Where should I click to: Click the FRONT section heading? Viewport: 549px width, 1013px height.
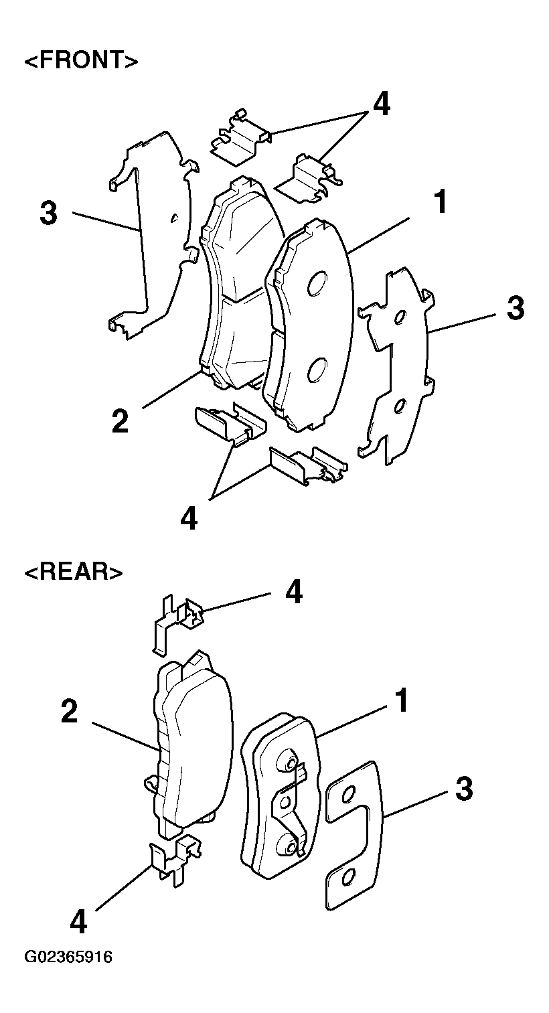(82, 60)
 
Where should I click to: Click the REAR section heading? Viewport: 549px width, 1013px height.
(73, 572)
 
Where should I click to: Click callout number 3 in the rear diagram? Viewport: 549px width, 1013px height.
(464, 789)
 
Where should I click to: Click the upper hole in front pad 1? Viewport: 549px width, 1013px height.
(317, 283)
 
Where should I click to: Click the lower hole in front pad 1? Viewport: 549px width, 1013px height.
(317, 368)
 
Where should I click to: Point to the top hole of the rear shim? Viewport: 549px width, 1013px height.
(347, 794)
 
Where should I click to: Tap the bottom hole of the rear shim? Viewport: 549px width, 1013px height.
(347, 878)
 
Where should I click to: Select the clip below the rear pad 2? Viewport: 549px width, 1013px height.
(175, 858)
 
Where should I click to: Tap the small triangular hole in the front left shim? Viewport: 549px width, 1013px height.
(174, 218)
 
